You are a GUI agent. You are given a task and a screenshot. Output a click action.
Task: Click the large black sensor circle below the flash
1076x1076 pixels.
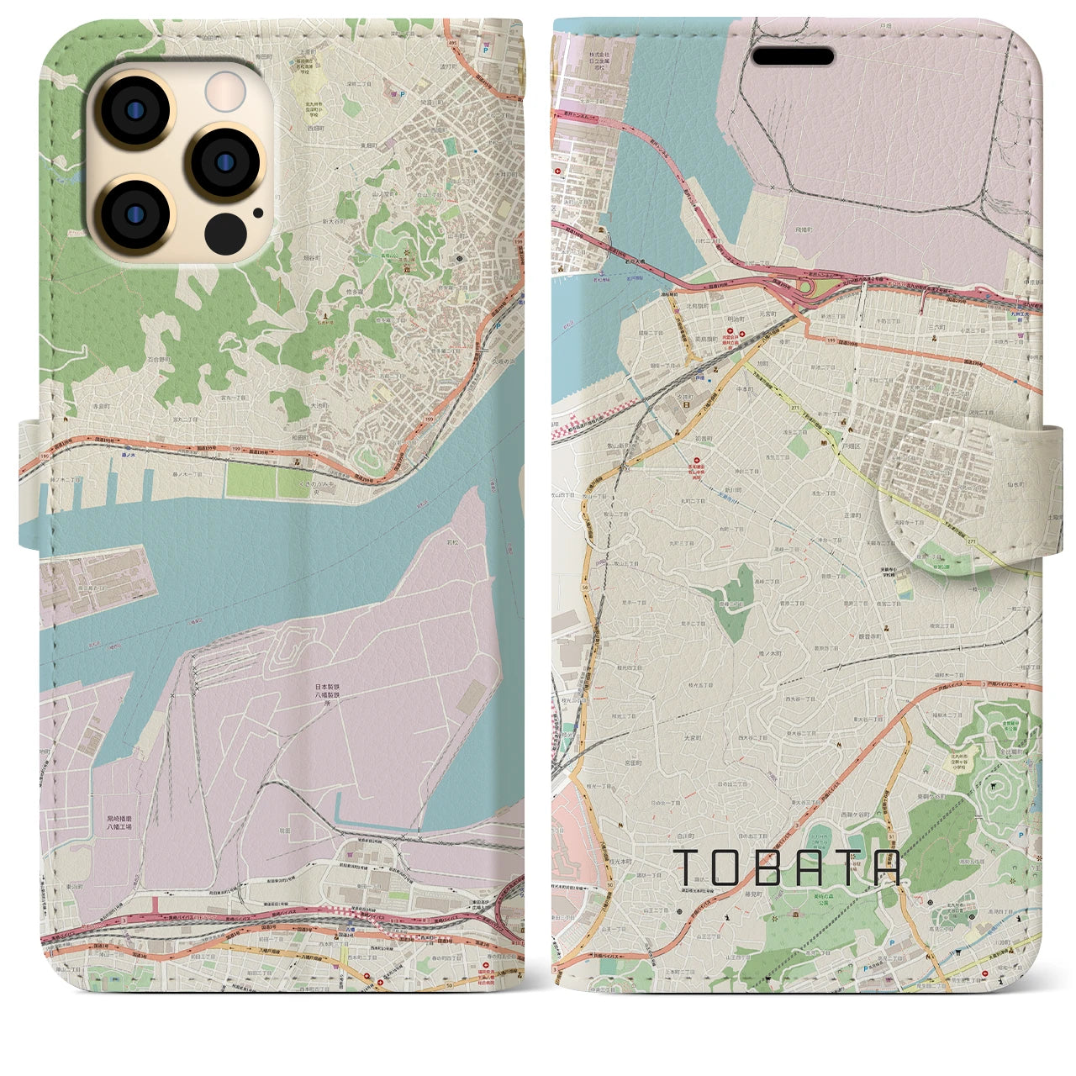[x=223, y=230]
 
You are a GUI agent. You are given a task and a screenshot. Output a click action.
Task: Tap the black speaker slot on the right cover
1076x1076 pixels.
[x=793, y=57]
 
